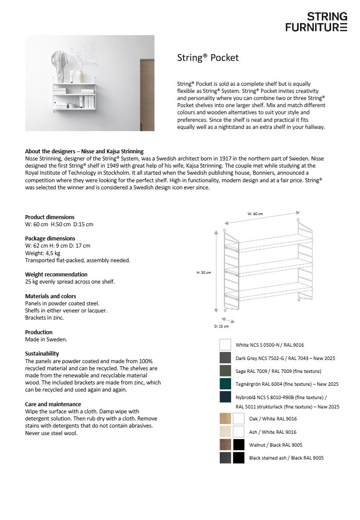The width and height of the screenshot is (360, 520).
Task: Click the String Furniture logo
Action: [x=316, y=22]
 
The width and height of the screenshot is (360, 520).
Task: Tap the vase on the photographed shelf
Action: [x=80, y=76]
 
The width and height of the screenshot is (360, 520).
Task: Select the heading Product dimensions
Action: [x=50, y=217]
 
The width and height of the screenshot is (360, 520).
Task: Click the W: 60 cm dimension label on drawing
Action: [x=255, y=214]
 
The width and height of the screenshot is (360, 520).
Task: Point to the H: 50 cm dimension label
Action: [x=204, y=272]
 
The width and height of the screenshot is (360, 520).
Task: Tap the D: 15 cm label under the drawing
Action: [x=221, y=326]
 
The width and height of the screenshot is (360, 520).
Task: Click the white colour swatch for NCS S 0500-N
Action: [x=225, y=345]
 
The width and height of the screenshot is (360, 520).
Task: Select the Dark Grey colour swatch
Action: [x=225, y=358]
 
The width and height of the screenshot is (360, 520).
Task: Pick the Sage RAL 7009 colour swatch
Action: [x=225, y=371]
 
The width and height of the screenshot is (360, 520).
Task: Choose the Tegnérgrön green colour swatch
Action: [x=225, y=384]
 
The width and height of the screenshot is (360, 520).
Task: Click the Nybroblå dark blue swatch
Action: [x=225, y=397]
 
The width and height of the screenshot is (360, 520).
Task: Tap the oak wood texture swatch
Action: [x=225, y=419]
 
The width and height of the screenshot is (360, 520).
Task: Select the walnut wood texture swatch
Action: [x=225, y=445]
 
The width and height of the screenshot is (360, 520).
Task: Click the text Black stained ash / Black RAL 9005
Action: [x=286, y=458]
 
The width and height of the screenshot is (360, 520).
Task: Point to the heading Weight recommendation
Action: [x=56, y=274]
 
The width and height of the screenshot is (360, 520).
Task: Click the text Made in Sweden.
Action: [x=46, y=340]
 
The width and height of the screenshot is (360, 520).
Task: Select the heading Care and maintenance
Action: [x=53, y=404]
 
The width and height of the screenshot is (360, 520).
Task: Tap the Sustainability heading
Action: [x=42, y=354]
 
